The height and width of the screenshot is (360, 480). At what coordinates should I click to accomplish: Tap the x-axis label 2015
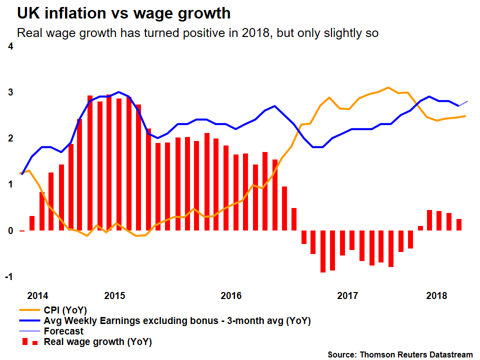(x=115, y=295)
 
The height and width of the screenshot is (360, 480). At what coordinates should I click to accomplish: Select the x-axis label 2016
(x=231, y=295)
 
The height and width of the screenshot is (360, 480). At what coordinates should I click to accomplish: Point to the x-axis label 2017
(x=347, y=295)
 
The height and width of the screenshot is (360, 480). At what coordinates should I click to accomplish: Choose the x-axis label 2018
(x=436, y=295)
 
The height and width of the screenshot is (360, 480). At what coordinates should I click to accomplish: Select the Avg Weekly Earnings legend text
(x=177, y=320)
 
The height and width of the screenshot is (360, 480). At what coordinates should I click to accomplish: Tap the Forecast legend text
(x=63, y=331)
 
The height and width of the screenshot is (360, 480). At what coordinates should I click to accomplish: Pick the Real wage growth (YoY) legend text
(x=97, y=342)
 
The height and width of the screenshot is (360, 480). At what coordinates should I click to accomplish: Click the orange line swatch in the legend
(x=28, y=310)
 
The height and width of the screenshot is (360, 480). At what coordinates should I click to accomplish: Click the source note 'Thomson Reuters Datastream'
(x=400, y=354)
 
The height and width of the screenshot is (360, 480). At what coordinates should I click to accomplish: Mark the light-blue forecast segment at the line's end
(x=463, y=103)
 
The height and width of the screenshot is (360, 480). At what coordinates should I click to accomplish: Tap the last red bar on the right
(x=459, y=224)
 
